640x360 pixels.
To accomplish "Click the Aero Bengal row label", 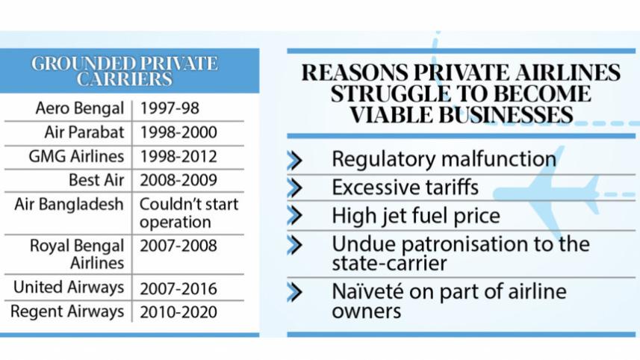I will point(79,108).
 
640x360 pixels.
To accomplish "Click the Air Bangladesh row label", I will point(69,205).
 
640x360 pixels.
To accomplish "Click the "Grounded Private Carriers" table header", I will point(125,71).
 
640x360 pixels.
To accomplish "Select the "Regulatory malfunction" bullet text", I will point(444,159).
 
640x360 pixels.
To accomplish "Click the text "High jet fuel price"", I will point(416,215).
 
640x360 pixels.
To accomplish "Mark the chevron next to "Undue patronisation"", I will point(295,244).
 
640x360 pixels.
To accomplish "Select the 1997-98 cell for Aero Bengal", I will point(169,108).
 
